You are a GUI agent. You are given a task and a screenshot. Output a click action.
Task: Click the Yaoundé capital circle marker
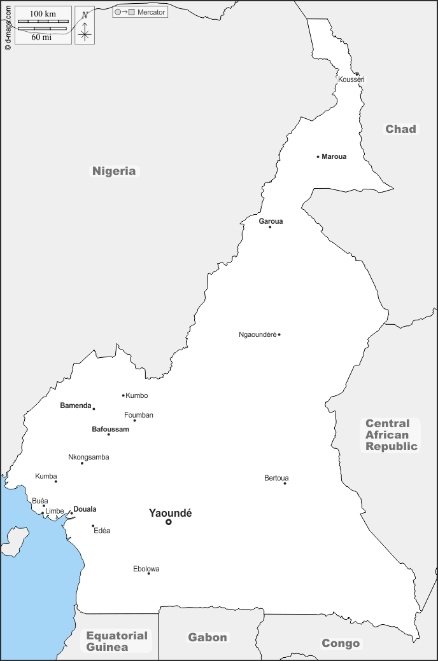[x=169, y=522]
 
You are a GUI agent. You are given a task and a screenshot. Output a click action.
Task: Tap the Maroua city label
[x=334, y=156]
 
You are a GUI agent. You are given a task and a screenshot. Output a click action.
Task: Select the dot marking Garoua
[x=270, y=227]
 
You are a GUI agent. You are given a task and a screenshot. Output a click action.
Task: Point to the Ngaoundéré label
[x=257, y=334]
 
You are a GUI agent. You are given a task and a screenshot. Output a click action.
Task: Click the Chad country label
[x=400, y=129]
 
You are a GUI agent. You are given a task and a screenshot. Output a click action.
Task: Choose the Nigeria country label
[x=114, y=170]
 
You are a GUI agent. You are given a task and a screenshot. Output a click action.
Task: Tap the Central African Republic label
[x=392, y=435]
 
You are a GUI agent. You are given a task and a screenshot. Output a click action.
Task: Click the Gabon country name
[x=208, y=637]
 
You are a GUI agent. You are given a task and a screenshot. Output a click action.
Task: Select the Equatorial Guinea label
[x=117, y=641]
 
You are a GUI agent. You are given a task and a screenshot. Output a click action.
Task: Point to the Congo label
[x=341, y=643]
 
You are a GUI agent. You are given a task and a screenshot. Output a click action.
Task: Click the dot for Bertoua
[x=285, y=484]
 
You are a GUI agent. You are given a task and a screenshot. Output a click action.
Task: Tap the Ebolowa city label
[x=146, y=569]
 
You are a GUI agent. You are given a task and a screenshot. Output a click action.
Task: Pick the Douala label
[x=85, y=509]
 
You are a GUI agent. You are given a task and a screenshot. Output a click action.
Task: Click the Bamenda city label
[x=76, y=405]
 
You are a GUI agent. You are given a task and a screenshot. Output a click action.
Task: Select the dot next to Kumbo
[x=124, y=395]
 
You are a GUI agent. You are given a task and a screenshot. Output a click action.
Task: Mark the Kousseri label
[x=351, y=79]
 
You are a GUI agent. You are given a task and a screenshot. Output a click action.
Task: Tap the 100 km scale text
[x=43, y=14]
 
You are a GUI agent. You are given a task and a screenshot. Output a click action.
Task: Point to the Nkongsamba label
[x=88, y=457]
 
